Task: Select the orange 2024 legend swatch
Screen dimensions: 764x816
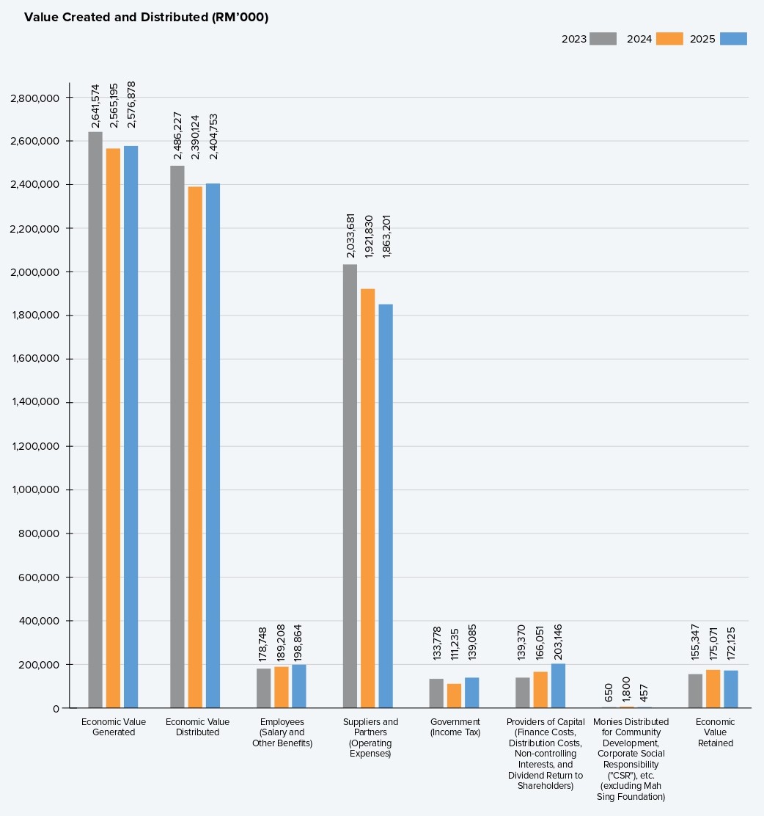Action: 669,38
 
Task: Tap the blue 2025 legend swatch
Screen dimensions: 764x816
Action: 733,38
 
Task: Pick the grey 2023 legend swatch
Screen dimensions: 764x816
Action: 603,38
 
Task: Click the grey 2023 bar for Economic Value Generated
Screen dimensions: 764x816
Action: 95,420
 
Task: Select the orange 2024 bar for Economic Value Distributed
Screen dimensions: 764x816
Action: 195,448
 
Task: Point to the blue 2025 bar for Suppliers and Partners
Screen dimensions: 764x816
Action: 386,506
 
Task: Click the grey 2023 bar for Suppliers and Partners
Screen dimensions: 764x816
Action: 350,486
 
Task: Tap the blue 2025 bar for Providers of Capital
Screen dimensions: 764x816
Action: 558,686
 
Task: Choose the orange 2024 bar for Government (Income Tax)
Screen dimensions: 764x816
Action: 454,696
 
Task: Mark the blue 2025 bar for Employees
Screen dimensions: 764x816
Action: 299,686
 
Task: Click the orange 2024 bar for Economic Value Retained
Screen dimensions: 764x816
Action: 713,689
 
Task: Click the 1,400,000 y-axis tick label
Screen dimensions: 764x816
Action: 35,402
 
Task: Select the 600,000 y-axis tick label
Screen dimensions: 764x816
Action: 38,577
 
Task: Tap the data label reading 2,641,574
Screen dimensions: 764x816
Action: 95,106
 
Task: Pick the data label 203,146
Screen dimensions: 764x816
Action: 558,642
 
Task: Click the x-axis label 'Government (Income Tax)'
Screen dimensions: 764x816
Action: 455,727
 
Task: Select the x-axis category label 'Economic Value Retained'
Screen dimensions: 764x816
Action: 715,732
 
